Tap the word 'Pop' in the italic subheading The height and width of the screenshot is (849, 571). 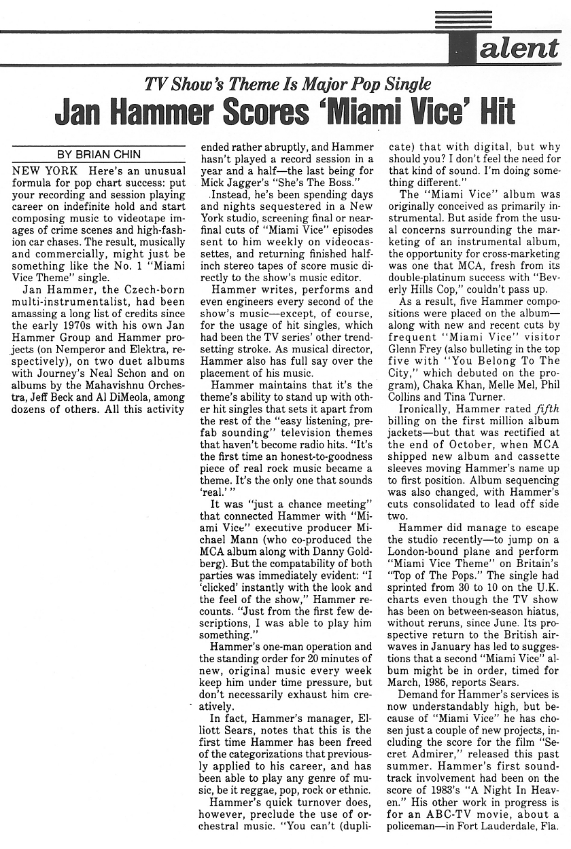coord(351,85)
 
